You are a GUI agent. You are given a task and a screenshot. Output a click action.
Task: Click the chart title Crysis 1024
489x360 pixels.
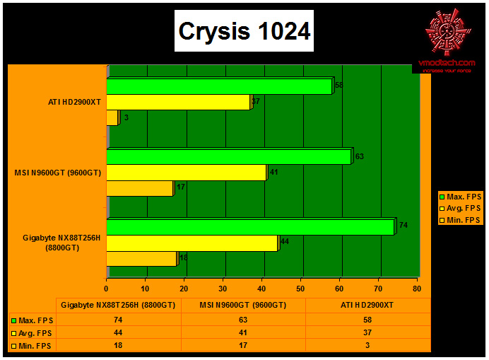243,31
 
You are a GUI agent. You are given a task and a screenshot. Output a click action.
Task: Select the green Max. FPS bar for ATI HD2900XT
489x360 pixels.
219,86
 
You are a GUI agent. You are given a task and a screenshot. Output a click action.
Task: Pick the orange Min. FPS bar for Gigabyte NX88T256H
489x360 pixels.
141,258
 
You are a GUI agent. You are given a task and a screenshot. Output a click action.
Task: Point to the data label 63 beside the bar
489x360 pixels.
359,156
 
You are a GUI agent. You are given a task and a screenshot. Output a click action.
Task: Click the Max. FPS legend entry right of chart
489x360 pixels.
460,196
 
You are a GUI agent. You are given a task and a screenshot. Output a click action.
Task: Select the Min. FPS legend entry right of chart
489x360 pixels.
460,220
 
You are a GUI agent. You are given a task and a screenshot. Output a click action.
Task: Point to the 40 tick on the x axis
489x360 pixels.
261,289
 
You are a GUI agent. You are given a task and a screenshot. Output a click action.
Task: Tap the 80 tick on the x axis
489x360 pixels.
416,289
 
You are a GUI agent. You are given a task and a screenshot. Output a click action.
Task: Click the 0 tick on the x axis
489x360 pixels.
107,289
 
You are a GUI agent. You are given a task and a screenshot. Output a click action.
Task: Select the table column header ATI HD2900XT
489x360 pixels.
367,306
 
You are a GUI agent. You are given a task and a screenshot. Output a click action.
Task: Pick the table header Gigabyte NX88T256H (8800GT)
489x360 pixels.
118,306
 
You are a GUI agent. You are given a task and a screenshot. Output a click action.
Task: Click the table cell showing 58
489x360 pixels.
367,320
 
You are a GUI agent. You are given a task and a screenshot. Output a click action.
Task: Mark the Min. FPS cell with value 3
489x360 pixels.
367,345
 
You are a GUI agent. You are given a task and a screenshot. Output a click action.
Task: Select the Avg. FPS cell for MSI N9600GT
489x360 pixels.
243,332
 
